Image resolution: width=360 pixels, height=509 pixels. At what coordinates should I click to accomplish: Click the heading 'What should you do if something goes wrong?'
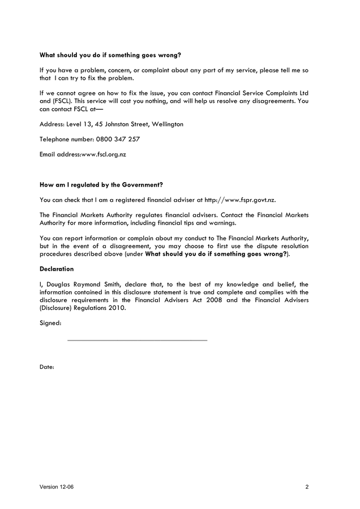(110, 55)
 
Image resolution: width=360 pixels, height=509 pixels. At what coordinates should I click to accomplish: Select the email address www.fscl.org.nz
(104, 154)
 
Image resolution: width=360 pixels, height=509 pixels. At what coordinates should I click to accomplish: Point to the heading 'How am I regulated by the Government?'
(101, 184)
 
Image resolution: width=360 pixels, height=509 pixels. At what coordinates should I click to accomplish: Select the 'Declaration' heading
(57, 269)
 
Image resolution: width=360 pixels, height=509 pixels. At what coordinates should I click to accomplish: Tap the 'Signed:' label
(50, 323)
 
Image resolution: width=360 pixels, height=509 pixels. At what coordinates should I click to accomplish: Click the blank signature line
(137, 340)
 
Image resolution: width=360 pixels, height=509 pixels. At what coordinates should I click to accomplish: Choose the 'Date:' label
(47, 367)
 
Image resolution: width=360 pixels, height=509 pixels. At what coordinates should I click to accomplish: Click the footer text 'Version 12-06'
(57, 487)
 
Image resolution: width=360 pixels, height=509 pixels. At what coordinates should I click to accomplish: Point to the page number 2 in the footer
(307, 487)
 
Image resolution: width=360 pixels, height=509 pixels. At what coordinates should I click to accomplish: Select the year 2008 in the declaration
(215, 300)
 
